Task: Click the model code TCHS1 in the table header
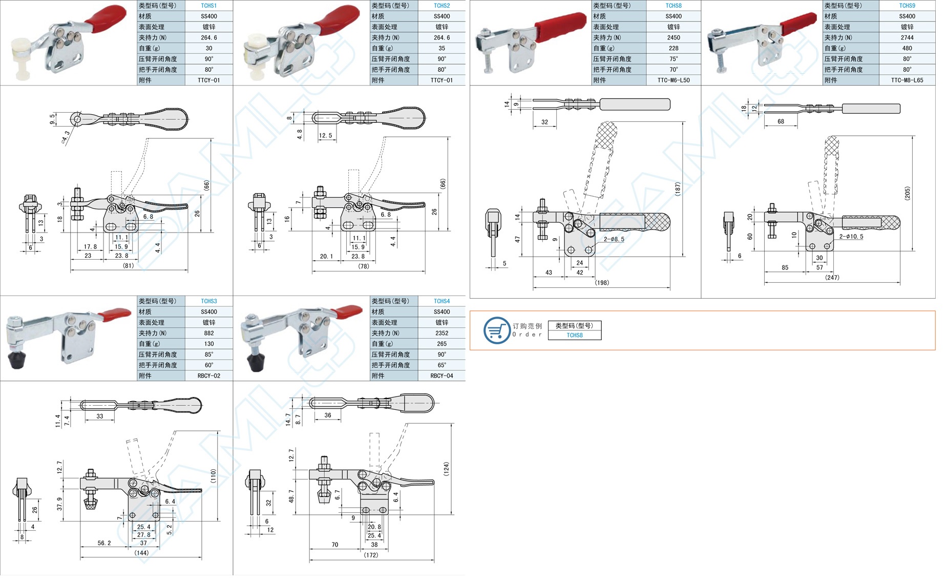point(208,6)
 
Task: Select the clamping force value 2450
point(673,37)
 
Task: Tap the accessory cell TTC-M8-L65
point(907,80)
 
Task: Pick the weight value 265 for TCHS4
point(441,344)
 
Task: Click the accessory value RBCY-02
point(208,376)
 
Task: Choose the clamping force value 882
point(208,333)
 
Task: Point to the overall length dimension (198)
point(602,283)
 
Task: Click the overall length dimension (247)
point(832,278)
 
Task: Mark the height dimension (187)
point(678,189)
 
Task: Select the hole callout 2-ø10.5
point(851,237)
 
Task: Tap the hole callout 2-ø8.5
point(614,239)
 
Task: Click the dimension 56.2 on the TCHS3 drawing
point(104,543)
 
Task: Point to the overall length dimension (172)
point(371,555)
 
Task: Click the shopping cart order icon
point(496,330)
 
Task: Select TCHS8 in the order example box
point(574,336)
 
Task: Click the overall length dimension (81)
point(128,266)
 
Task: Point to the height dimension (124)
point(446,469)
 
